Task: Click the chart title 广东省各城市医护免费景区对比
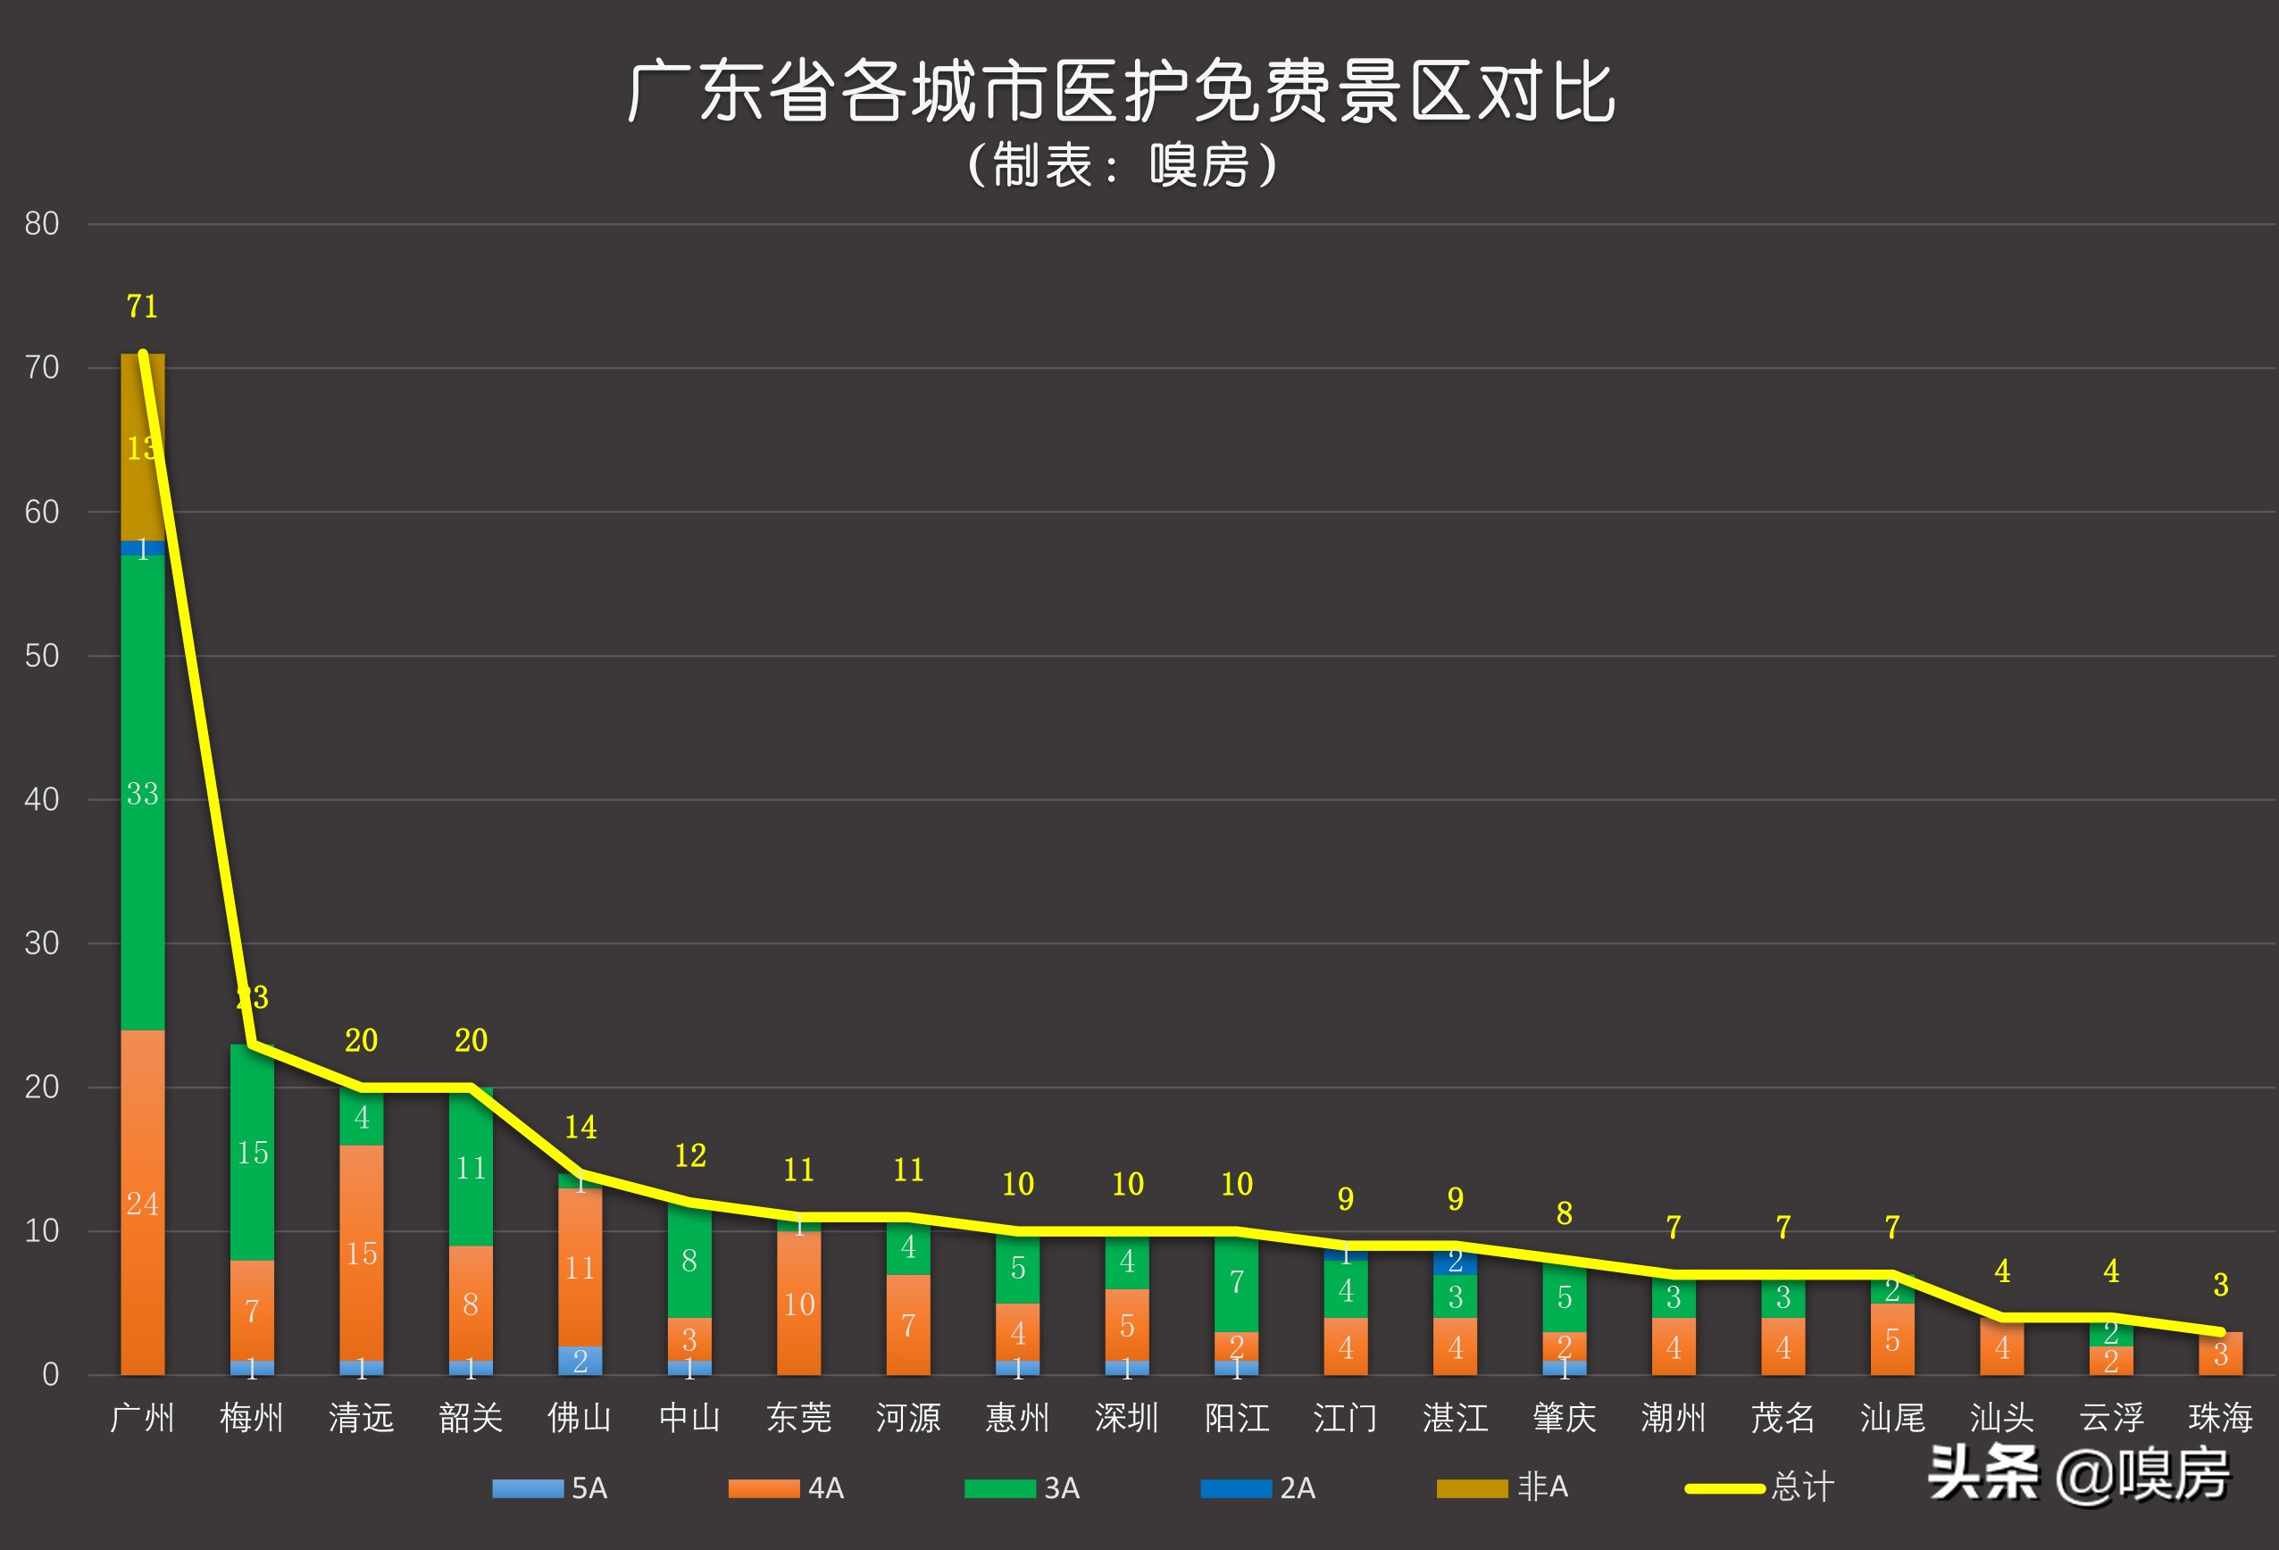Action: [1121, 91]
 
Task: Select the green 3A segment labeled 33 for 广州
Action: [142, 792]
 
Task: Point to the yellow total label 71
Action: [142, 307]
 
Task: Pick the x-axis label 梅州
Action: [251, 1418]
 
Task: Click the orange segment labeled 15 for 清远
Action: [361, 1252]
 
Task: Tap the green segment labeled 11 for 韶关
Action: [471, 1167]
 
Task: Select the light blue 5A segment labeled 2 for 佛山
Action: [580, 1360]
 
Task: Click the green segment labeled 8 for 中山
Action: [689, 1260]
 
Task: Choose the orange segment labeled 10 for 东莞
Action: [798, 1303]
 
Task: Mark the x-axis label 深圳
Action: [1127, 1418]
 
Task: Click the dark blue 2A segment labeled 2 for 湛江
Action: [1456, 1261]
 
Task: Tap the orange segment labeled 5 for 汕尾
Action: [1892, 1338]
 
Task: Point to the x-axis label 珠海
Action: [2220, 1418]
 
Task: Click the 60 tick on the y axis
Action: [42, 512]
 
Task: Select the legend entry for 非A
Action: [1502, 1487]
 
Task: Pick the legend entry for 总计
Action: [1759, 1487]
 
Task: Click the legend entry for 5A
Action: [550, 1487]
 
